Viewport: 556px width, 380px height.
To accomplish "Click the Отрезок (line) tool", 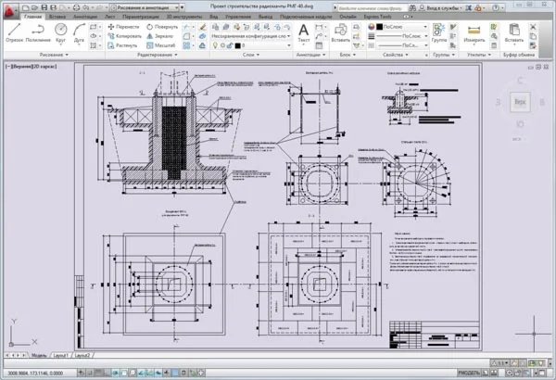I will tap(14, 31).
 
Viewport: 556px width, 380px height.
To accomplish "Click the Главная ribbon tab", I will tap(32, 17).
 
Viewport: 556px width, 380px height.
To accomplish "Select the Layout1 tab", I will tap(60, 355).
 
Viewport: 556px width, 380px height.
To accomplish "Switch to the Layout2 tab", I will tap(83, 355).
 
